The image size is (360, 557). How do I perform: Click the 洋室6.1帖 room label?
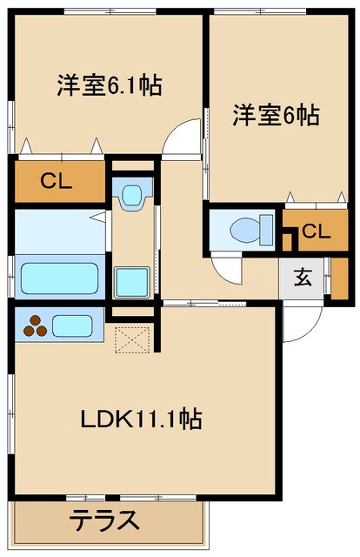pyautogui.click(x=110, y=86)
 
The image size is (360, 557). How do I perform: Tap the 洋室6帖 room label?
pyautogui.click(x=275, y=115)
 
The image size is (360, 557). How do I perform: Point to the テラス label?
pyautogui.click(x=104, y=521)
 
